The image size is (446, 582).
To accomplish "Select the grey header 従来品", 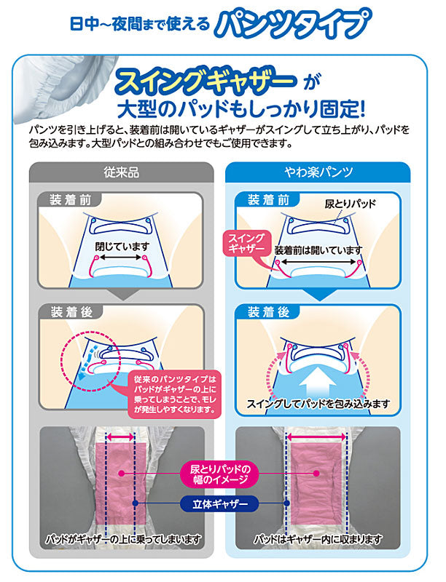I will pyautogui.click(x=122, y=173).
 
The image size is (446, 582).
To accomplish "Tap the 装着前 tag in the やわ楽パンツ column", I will pyautogui.click(x=268, y=200).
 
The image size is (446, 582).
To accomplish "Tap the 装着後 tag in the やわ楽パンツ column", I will pyautogui.click(x=268, y=313).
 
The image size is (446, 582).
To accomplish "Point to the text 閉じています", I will pyautogui.click(x=121, y=247).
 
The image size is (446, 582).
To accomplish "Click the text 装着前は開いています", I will pyautogui.click(x=318, y=250).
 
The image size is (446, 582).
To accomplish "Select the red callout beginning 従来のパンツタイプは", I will pyautogui.click(x=175, y=394).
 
